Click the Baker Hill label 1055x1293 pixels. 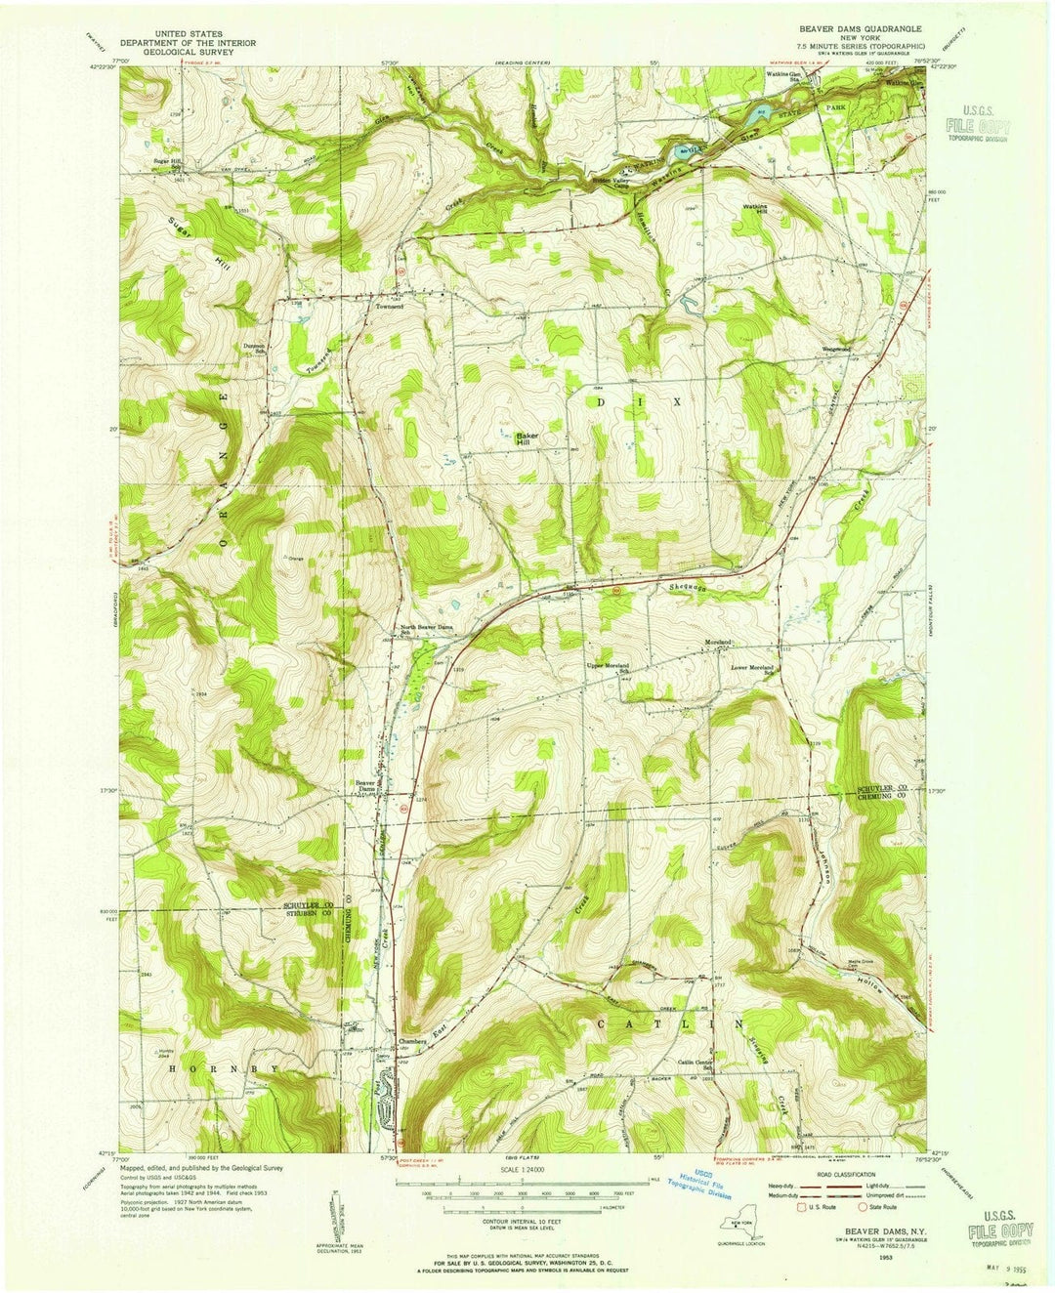click(528, 438)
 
